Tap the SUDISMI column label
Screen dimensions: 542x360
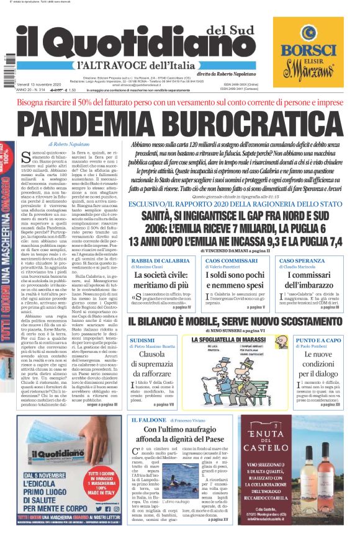pos(142,340)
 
